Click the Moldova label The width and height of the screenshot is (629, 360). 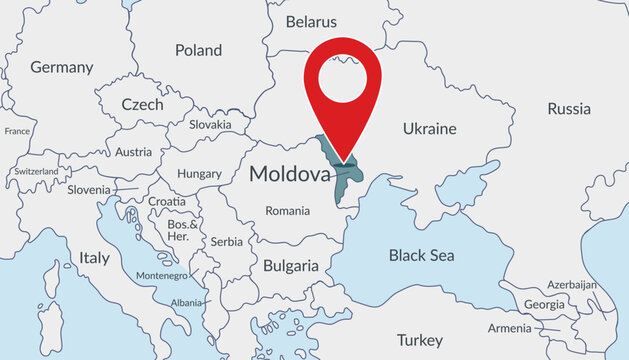click(289, 174)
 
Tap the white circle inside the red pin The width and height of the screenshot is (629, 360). click(346, 77)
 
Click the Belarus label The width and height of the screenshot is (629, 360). click(312, 21)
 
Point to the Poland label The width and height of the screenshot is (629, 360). click(199, 49)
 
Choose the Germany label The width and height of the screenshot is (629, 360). click(62, 68)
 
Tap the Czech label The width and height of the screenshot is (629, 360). click(142, 104)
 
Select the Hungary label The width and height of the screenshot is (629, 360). click(199, 173)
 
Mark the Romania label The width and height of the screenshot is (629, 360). click(288, 210)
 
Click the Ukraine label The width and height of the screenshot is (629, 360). click(429, 128)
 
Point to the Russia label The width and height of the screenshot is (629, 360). click(569, 108)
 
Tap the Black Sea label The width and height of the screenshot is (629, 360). click(421, 255)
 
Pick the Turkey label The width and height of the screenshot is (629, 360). click(419, 339)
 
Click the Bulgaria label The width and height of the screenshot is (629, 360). click(290, 266)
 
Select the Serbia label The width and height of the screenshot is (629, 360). click(227, 241)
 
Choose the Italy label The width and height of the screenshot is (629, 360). click(94, 257)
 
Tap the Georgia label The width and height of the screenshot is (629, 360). click(544, 304)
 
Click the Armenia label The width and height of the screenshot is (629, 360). click(510, 328)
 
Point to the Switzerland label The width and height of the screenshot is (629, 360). click(35, 171)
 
